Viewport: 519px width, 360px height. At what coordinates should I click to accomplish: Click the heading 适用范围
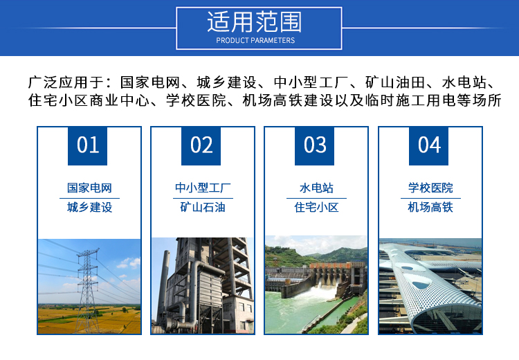click(255, 22)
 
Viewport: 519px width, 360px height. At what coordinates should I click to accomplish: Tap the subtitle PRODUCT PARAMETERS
click(255, 40)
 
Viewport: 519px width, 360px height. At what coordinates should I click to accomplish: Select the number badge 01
click(87, 145)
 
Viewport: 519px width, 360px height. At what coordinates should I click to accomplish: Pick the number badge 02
click(201, 145)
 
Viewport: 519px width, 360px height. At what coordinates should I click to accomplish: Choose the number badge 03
click(314, 145)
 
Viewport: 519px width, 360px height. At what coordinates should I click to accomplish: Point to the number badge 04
click(428, 145)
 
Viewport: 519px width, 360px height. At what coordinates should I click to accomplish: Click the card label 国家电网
click(89, 188)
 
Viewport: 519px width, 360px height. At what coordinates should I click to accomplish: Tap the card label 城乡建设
click(89, 207)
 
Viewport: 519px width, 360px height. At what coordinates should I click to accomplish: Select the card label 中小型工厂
click(203, 188)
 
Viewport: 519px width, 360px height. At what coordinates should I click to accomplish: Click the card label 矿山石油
click(203, 207)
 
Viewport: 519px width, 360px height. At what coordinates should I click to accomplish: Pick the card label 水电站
click(316, 188)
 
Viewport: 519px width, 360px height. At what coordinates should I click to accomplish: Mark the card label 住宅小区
click(316, 207)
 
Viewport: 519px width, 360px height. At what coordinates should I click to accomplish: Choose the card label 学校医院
click(430, 188)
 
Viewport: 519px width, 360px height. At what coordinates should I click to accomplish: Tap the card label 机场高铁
click(430, 207)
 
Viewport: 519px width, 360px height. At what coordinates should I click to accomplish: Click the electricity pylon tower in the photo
click(88, 291)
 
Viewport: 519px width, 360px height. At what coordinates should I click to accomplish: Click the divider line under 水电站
click(316, 198)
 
